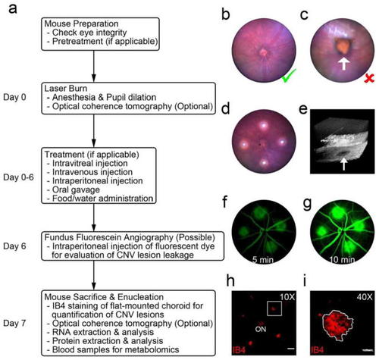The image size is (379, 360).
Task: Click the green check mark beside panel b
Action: coord(289,77)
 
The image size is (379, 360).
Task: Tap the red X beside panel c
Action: coord(369,79)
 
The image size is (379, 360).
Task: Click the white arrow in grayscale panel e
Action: coord(343,164)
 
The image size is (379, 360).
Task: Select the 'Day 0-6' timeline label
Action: coord(18,177)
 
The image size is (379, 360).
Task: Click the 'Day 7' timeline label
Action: coord(14,323)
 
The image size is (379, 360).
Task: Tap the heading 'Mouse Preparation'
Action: coord(81,23)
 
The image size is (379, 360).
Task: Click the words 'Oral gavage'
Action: coord(76,189)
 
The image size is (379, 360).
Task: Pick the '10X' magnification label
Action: coord(287,297)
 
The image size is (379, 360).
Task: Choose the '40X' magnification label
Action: coord(365,297)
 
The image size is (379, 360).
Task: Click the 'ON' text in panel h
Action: coord(261,329)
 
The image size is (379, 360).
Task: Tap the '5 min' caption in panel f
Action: coord(263,259)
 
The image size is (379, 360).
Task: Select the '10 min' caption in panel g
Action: coord(342,259)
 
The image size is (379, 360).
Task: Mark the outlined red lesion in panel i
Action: coord(337,324)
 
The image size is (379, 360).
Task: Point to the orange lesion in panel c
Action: coord(343,47)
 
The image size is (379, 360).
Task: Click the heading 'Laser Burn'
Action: coord(66,89)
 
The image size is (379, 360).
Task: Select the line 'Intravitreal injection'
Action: coord(89,163)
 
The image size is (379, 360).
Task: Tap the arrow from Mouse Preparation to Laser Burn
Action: coord(94,66)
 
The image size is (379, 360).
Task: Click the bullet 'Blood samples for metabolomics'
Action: coord(115,350)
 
